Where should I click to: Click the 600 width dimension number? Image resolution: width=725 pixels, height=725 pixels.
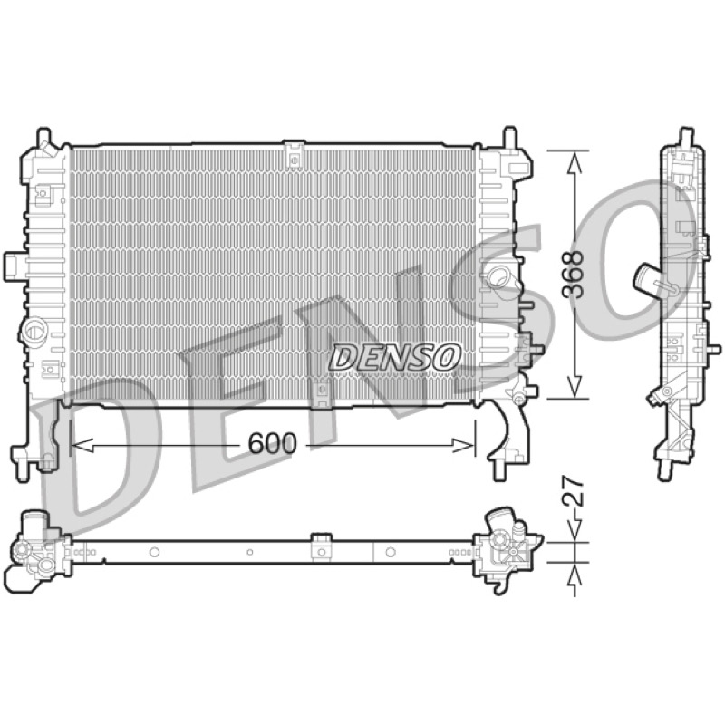272,444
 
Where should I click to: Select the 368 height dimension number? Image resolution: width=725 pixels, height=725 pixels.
574,275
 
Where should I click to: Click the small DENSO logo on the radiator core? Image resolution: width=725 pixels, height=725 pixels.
394,357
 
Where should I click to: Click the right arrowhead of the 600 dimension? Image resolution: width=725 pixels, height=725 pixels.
463,445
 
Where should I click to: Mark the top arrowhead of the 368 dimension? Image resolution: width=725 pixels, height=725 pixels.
574,163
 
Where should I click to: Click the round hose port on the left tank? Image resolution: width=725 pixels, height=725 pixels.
34,330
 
